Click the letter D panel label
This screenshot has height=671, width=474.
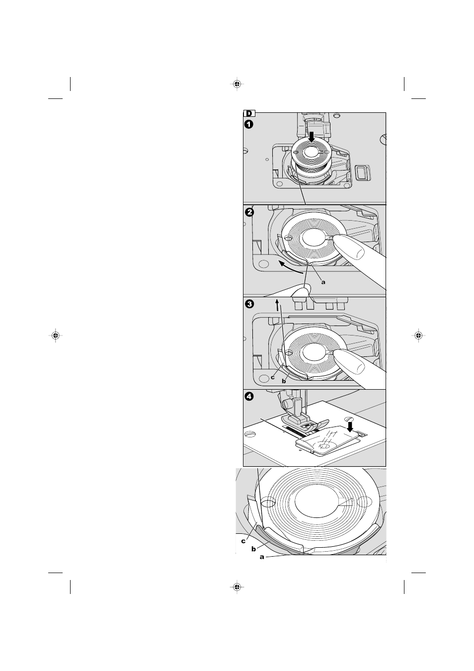point(249,113)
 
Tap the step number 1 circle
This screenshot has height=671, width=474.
point(249,124)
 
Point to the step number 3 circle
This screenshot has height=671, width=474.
point(249,304)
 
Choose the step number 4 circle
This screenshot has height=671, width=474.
point(249,397)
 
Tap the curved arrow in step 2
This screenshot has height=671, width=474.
point(290,267)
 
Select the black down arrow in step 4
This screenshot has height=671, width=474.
point(349,427)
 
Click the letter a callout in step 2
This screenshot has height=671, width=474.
point(323,282)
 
